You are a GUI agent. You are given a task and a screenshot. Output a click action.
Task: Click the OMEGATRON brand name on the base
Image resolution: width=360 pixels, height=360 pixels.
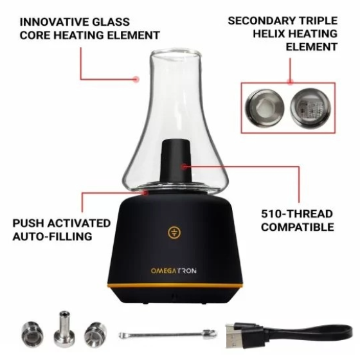tap(174, 271)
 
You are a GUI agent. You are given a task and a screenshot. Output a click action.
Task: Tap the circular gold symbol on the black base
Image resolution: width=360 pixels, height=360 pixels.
tap(174, 233)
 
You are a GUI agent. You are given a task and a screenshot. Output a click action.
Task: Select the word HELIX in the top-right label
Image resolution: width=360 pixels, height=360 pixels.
tap(269, 33)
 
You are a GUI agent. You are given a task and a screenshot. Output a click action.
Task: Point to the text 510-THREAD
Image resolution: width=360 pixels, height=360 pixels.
tap(297, 213)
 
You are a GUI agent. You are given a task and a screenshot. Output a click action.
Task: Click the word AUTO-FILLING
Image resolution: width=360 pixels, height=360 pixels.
tap(52, 237)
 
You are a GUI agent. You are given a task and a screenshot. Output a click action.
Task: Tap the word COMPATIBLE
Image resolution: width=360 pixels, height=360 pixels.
tap(298, 227)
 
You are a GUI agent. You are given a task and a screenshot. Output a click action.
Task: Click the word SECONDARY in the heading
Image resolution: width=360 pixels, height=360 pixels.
tap(261, 21)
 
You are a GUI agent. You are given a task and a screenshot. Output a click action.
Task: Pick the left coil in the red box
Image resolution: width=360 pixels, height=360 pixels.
tap(264, 107)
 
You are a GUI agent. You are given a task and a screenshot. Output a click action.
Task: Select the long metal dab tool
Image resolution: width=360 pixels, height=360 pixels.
tap(168, 334)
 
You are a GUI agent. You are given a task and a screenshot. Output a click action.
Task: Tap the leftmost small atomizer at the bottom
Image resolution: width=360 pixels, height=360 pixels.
tap(32, 333)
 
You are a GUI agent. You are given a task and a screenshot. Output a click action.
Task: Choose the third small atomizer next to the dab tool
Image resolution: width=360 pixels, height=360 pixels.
tap(95, 334)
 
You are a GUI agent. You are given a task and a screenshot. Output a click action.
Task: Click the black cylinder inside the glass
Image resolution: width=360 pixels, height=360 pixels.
tap(176, 161)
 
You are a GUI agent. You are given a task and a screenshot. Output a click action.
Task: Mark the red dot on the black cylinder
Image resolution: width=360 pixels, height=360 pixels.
tap(184, 166)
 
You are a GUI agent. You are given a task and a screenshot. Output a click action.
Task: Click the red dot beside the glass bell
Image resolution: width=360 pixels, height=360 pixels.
tap(136, 79)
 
